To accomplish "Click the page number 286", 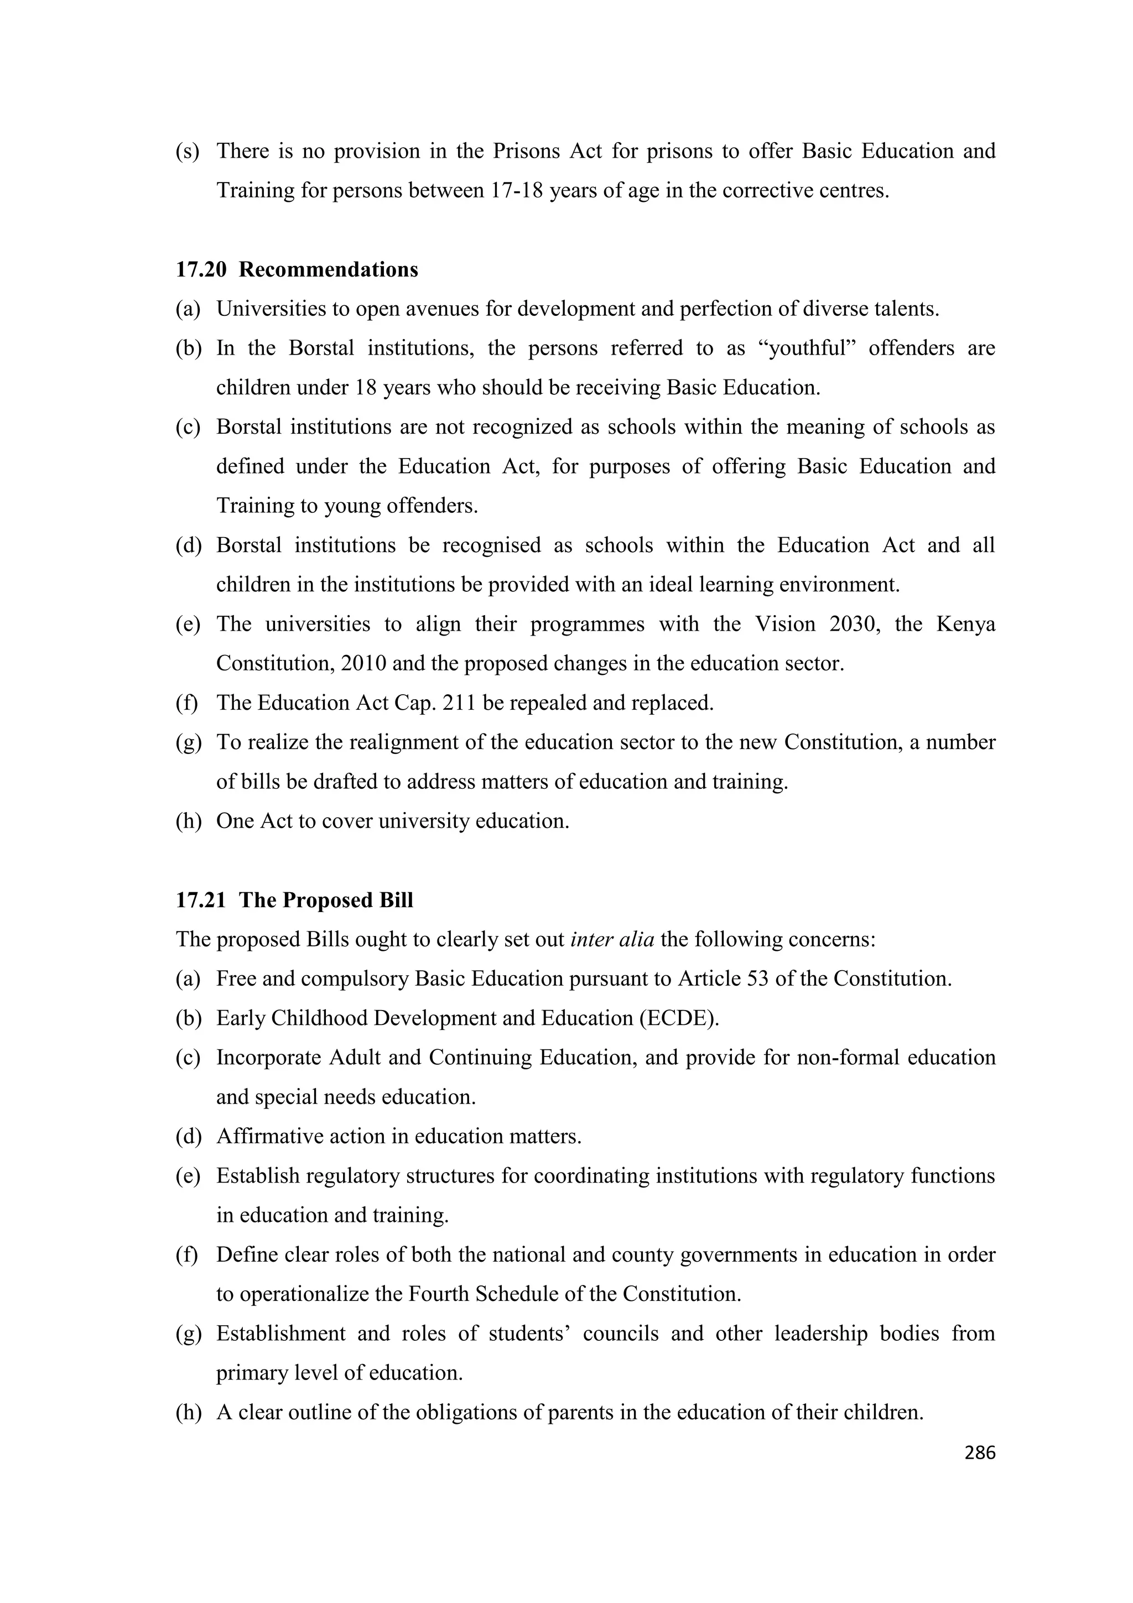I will point(979,1453).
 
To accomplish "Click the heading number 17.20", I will point(201,269).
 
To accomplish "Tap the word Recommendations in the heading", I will point(328,269).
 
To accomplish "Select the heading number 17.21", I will point(201,900).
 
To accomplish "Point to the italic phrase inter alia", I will point(611,939).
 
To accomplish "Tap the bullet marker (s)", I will point(187,151).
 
